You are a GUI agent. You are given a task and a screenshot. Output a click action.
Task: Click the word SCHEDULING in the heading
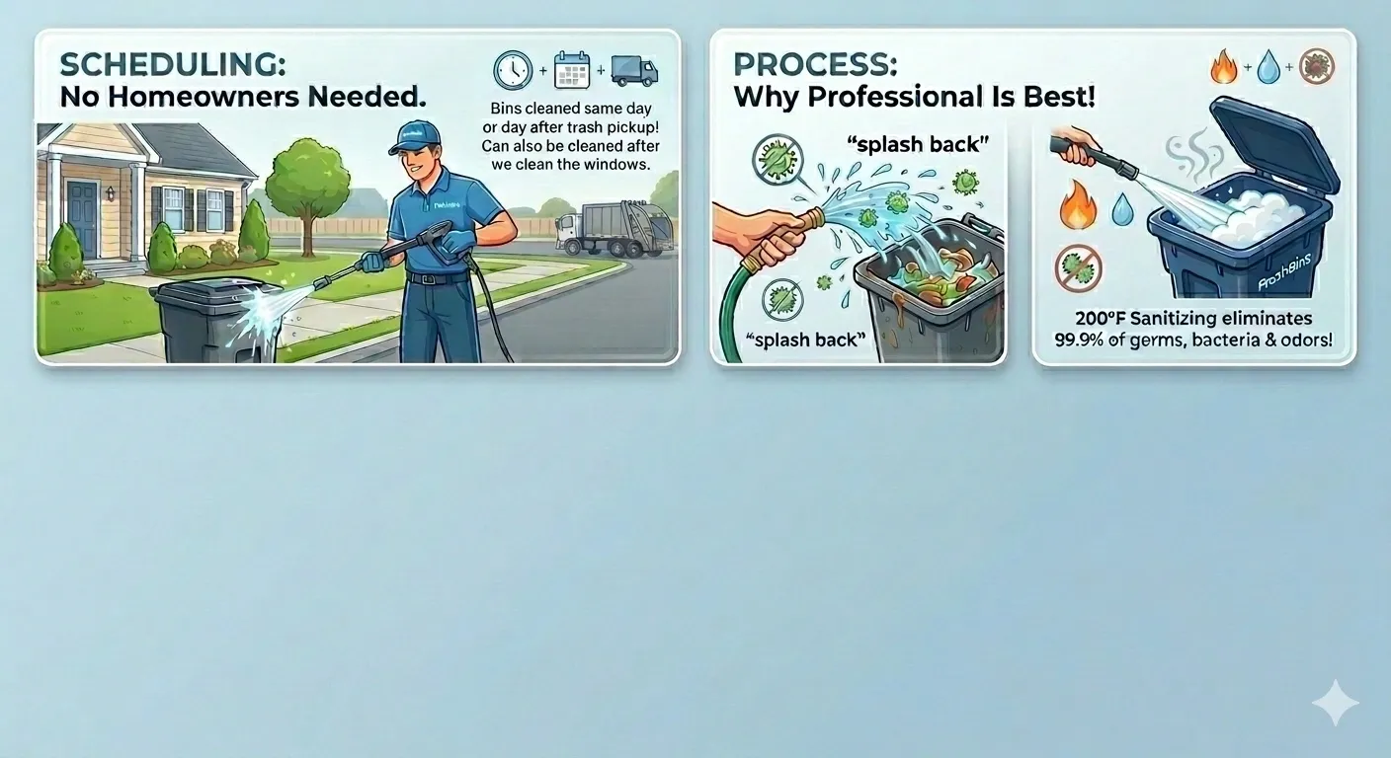(173, 64)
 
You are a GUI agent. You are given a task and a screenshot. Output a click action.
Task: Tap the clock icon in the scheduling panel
(513, 70)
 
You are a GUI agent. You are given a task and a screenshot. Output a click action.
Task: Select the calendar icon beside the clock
(571, 70)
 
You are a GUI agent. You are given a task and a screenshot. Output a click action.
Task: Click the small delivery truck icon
(634, 71)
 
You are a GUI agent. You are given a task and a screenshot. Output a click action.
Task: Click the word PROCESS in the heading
(815, 64)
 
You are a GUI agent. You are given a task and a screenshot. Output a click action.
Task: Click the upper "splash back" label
(918, 144)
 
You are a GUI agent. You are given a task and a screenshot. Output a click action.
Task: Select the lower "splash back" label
(805, 340)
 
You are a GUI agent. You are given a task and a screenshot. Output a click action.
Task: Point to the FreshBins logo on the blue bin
(1284, 273)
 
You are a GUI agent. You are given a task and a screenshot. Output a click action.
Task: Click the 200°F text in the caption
(1100, 319)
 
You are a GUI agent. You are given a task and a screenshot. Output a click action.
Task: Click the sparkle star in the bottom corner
(1335, 703)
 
